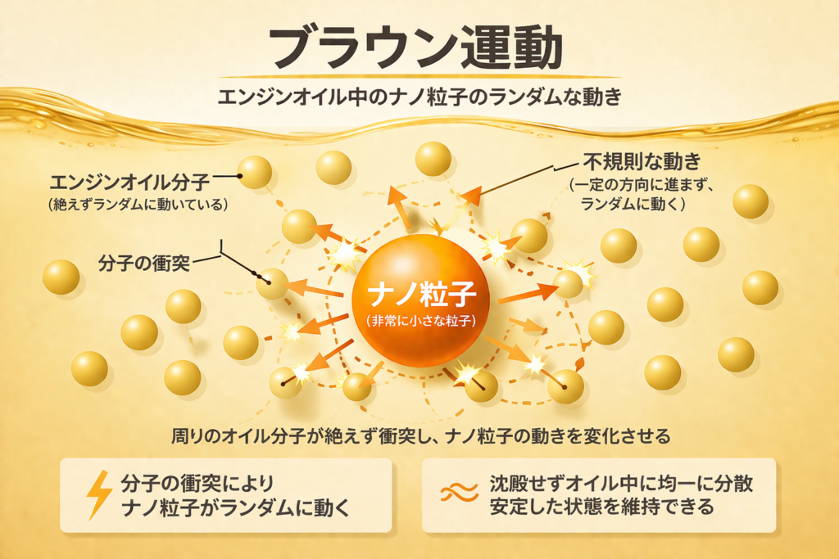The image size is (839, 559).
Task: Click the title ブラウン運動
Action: click(x=415, y=47)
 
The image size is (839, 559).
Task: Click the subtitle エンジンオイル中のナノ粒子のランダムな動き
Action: click(x=419, y=97)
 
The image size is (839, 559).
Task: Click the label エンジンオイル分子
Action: click(x=129, y=183)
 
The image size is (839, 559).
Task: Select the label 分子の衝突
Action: click(x=144, y=263)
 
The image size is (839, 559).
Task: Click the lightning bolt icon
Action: click(x=99, y=495)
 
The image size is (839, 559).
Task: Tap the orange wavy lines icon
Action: click(x=459, y=492)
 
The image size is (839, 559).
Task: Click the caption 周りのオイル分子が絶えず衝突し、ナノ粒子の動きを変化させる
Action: click(x=420, y=436)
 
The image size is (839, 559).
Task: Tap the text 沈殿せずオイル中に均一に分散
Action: click(x=621, y=484)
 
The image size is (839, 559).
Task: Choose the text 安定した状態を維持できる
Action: click(x=601, y=506)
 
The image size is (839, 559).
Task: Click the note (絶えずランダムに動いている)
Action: click(x=138, y=205)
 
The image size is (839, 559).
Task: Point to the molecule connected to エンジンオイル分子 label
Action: click(x=255, y=173)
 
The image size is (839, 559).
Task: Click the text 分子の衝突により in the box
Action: click(x=197, y=484)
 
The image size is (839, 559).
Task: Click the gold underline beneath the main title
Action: click(x=419, y=77)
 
